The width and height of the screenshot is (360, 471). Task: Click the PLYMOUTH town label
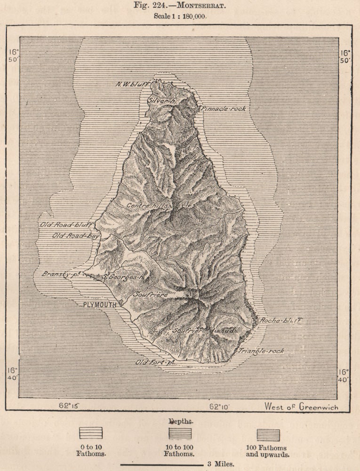[x=99, y=305]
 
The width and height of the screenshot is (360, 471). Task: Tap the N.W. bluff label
[x=132, y=85]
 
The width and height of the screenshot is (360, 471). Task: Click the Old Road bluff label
[x=66, y=225]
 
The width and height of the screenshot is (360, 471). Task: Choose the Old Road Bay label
[x=75, y=235]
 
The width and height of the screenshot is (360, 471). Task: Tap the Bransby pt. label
[x=60, y=274]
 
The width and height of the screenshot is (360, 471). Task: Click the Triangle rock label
[x=261, y=351]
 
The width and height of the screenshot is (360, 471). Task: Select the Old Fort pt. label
[x=155, y=362]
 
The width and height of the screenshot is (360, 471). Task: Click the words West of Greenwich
[x=301, y=406]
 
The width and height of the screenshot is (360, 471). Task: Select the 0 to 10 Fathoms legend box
[x=91, y=433]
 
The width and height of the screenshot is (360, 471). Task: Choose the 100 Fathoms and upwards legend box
[x=268, y=435]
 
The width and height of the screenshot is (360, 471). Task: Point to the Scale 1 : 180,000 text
[x=180, y=16]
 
